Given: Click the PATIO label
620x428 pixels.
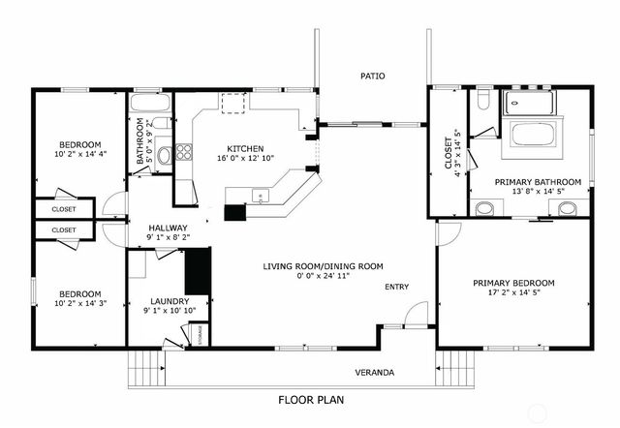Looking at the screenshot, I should (373, 75).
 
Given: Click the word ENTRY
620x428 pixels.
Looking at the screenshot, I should (396, 287).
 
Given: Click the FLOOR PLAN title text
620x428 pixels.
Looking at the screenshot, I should (310, 399).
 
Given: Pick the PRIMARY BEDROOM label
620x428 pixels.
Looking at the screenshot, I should (513, 284).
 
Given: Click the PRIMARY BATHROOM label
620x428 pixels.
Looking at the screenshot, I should (538, 181).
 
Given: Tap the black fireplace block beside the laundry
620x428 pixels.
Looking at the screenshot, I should (198, 271).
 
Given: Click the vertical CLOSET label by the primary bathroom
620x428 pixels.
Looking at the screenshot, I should (449, 151).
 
